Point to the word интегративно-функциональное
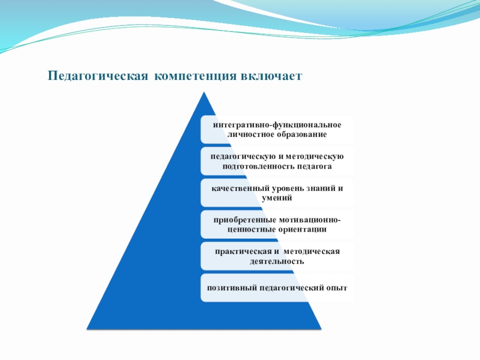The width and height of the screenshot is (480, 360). click(x=277, y=124)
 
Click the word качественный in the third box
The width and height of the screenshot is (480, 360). click(x=239, y=188)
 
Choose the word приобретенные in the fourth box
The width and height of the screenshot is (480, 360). click(x=244, y=220)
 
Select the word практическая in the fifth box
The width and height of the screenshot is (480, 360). click(x=240, y=251)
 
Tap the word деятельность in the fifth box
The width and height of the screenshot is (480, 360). click(x=277, y=261)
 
